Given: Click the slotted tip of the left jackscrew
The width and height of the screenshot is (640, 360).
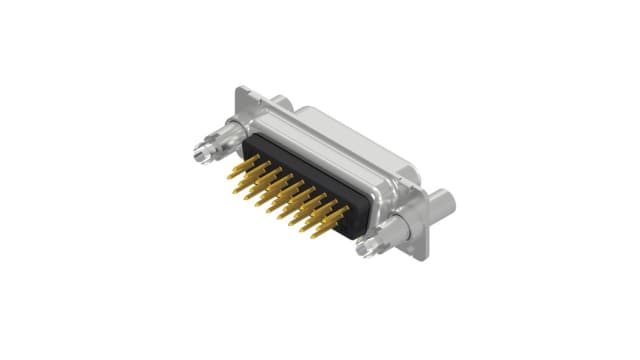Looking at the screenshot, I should (x=198, y=155).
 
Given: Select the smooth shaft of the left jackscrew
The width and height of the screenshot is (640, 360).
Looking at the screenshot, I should (x=213, y=145).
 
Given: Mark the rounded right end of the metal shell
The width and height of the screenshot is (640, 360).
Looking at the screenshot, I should (x=410, y=175).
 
